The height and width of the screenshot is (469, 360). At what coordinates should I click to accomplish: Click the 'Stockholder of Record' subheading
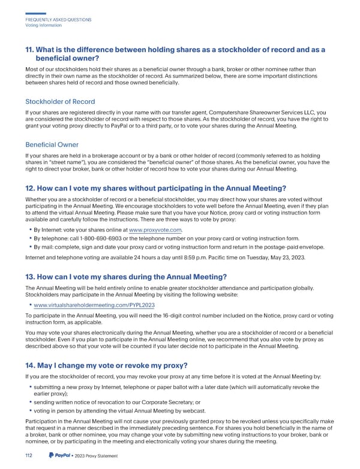[x=59, y=101]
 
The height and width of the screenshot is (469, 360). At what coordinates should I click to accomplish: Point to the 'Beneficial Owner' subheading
[x=52, y=145]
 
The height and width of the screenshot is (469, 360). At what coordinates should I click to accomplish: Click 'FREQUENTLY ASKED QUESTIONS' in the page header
[x=58, y=20]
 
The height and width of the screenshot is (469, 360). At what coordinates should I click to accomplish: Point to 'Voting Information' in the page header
[x=43, y=25]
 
